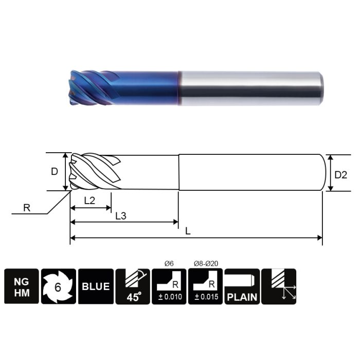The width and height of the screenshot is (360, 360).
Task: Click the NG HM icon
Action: (x=22, y=286)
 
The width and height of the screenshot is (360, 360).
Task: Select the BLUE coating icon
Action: (x=96, y=286)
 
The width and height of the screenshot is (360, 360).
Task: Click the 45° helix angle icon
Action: (x=133, y=286)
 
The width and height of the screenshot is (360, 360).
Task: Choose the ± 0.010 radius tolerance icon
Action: (x=169, y=286)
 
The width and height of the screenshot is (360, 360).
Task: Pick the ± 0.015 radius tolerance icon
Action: (x=206, y=286)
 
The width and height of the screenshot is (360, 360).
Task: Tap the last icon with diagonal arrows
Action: (x=279, y=286)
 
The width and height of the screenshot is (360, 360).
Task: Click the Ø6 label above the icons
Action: (x=169, y=264)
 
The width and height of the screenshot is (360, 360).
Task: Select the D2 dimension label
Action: (x=341, y=175)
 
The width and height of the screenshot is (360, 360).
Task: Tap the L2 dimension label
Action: (x=89, y=201)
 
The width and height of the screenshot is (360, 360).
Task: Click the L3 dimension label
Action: (x=121, y=216)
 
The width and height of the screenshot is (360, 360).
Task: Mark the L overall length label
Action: (x=188, y=231)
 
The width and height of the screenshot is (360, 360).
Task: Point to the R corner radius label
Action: (x=27, y=208)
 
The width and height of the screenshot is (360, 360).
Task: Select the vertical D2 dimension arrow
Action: (x=330, y=173)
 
